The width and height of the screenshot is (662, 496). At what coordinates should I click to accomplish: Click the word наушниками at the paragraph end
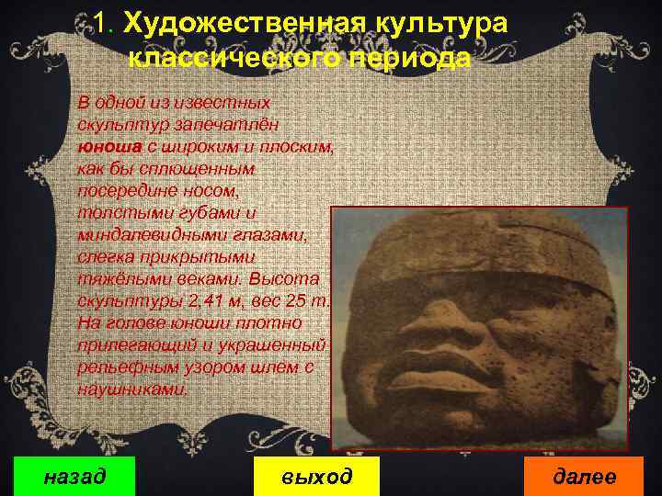click(133, 389)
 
